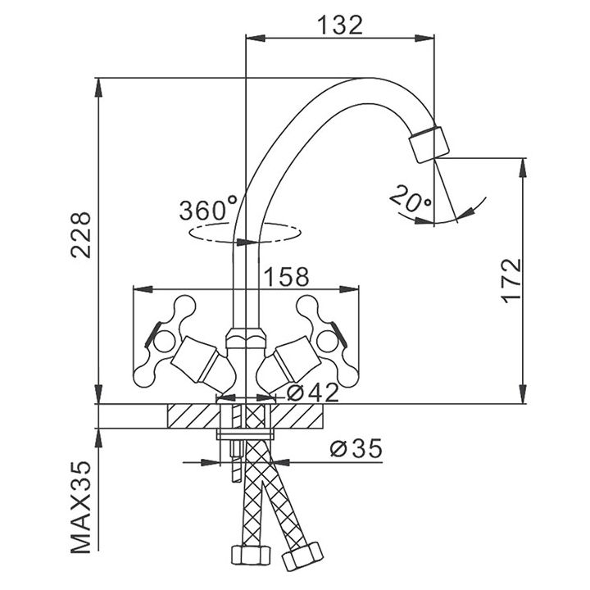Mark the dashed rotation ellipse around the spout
(x=246, y=234)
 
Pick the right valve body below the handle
(x=288, y=361)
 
